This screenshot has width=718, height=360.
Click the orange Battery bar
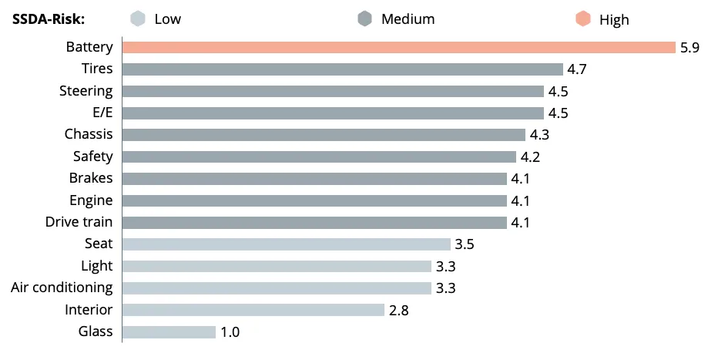pos(398,47)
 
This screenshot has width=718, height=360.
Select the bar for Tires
pos(343,69)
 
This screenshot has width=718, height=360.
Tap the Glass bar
pos(169,332)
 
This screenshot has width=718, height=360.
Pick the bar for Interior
pos(253,310)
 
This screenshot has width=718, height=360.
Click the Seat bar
pos(286,244)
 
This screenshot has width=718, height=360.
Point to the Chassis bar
pos(324,135)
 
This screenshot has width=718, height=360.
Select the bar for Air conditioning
pos(277,288)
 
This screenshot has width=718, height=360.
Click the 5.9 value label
pos(689,48)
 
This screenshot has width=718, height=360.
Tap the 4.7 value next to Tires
pos(577,69)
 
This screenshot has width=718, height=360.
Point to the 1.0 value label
pos(230,332)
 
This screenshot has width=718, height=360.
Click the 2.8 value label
pos(399,310)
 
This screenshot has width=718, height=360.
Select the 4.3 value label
pos(539,135)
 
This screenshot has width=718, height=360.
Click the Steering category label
pos(86,91)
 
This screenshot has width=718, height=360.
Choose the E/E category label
pos(102,113)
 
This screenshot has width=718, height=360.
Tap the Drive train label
pos(79,222)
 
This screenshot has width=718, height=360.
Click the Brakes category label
pos(91,178)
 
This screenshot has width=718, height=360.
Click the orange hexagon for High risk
pos(583,19)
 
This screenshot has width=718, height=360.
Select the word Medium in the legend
pos(408,19)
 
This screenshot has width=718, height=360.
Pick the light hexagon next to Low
pos(138,19)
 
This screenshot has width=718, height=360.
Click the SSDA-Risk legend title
pos(49,19)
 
